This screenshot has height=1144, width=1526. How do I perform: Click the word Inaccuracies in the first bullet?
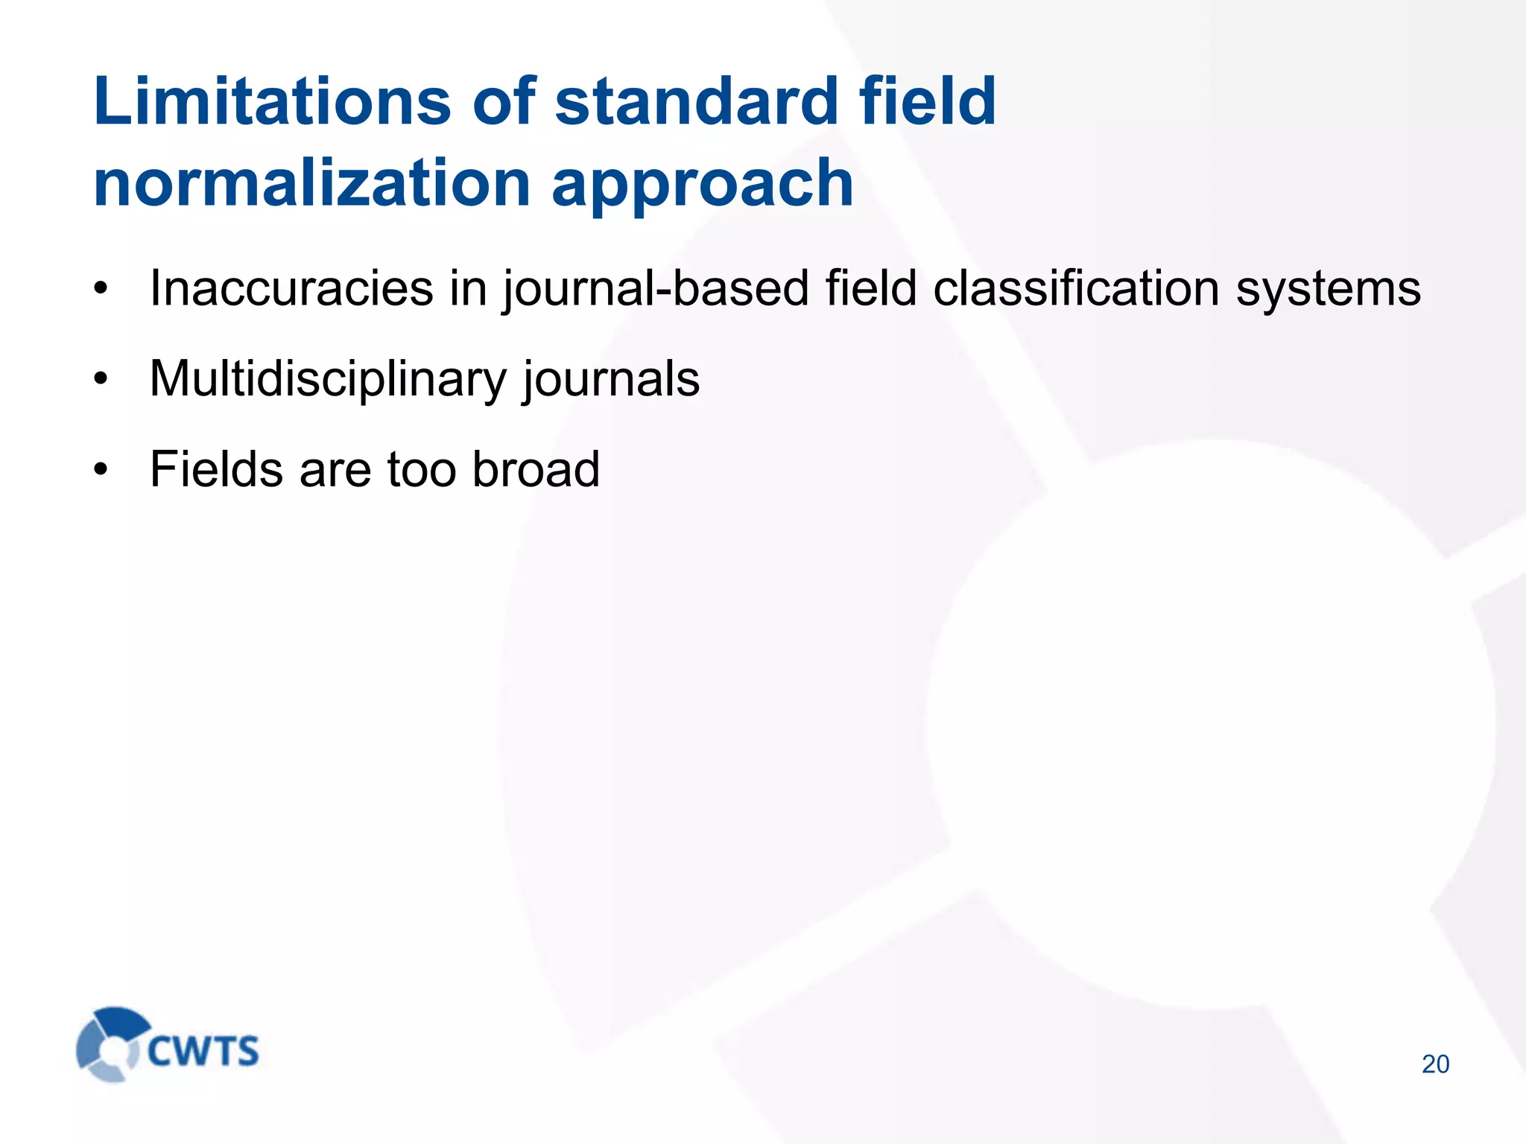(291, 288)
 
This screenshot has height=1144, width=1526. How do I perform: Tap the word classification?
(1076, 288)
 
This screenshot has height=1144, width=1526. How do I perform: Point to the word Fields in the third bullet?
(216, 469)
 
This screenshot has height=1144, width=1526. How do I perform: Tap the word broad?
(536, 469)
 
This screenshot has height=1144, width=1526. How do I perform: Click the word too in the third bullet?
(421, 471)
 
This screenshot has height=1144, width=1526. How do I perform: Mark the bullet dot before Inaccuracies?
(101, 288)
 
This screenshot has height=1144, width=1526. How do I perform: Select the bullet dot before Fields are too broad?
(101, 470)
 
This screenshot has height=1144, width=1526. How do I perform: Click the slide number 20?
(1435, 1064)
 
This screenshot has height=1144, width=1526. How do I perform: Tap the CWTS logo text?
(203, 1051)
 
